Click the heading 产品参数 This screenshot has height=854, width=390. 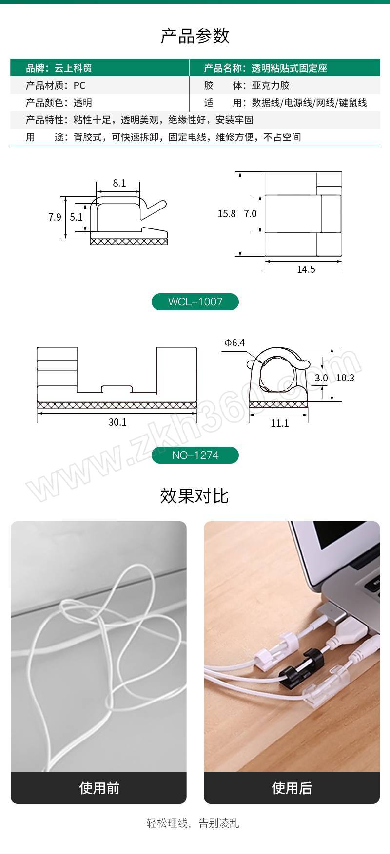(195, 36)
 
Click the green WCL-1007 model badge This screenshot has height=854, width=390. (195, 302)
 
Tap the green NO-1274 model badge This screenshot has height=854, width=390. (195, 455)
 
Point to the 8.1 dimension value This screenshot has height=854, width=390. (119, 183)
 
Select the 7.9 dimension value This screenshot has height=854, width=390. (55, 217)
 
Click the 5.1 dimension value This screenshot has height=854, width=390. (76, 217)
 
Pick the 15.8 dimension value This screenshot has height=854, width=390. (227, 213)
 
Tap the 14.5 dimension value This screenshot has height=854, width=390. (306, 269)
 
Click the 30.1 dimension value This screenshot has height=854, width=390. (117, 422)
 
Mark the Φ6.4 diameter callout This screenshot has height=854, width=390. (234, 343)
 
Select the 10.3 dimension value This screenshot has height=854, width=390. (345, 378)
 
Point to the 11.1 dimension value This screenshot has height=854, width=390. (280, 423)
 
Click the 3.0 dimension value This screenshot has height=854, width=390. (321, 378)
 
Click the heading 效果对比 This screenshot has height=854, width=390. (195, 495)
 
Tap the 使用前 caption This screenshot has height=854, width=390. (99, 788)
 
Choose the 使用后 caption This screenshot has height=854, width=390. (292, 788)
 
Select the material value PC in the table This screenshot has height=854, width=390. (79, 86)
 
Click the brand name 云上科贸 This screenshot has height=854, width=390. (73, 68)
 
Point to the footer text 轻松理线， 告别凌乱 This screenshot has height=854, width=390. (193, 823)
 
